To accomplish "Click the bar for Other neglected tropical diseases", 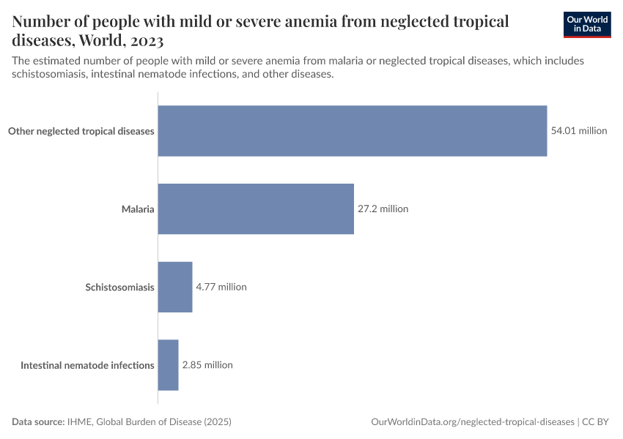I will click(353, 131).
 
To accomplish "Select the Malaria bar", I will click(256, 209).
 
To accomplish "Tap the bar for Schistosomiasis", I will click(175, 287).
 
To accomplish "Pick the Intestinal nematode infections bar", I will click(169, 364).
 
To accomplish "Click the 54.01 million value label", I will click(579, 131).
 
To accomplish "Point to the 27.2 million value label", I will click(383, 209).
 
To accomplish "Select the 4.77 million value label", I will click(221, 287).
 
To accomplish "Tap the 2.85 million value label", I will click(207, 364).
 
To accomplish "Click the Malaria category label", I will click(138, 209).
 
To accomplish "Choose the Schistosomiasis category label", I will click(119, 287).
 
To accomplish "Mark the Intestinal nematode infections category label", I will click(87, 364).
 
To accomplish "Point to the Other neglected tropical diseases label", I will click(81, 132).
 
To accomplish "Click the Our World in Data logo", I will click(587, 24).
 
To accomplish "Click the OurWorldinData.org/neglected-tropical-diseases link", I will click(473, 422).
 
